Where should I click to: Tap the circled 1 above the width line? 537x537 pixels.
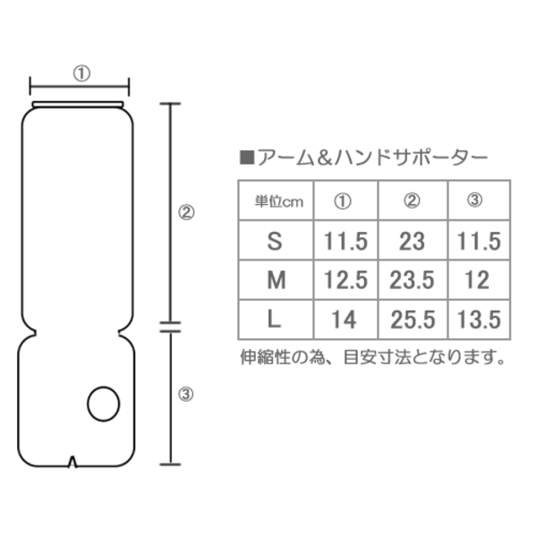[81, 73]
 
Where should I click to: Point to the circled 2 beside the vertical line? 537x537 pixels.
[186, 213]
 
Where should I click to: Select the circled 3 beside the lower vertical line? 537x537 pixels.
[185, 394]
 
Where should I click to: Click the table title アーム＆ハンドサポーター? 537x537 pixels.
[372, 158]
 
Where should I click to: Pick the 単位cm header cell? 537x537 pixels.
[279, 201]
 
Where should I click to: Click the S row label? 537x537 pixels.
[275, 241]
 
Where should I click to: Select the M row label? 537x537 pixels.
[276, 280]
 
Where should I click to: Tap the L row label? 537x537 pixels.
[274, 320]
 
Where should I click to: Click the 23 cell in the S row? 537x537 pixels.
[412, 241]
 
